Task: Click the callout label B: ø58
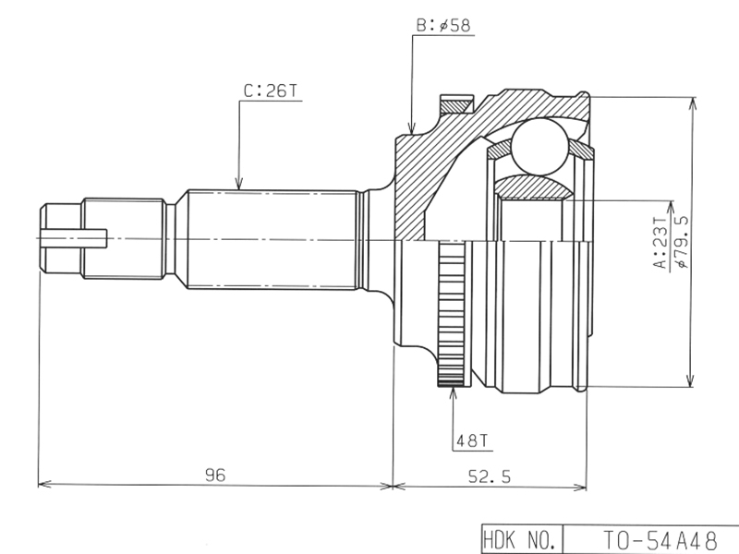coord(443,25)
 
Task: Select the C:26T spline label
coord(271,90)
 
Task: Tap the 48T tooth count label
coord(472,441)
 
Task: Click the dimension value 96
coord(215,475)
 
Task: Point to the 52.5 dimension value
coord(490,476)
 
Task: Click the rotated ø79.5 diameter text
coord(682,241)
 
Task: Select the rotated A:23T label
coord(660,243)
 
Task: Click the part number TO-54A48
coord(660,540)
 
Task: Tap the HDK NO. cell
coord(522,539)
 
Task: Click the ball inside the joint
coord(539,146)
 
